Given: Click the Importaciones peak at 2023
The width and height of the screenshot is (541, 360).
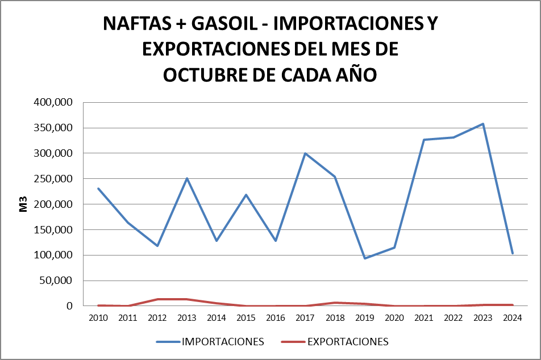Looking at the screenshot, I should [483, 124].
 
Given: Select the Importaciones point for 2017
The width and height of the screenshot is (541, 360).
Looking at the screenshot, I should [306, 153].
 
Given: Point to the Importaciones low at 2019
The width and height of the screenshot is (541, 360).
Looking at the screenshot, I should [365, 258].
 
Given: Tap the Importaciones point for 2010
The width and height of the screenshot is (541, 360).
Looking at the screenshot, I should [98, 189].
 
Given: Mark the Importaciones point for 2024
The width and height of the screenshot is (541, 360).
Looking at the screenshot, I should [513, 253].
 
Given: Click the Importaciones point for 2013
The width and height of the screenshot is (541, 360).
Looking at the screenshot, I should [187, 178].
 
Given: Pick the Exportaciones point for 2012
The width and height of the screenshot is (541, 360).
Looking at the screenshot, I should [157, 299].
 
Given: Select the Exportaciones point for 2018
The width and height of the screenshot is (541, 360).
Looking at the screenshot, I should [335, 303].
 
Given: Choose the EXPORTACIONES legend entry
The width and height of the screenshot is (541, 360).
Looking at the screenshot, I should [335, 342].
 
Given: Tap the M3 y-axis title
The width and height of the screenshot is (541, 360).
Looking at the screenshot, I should [24, 204].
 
